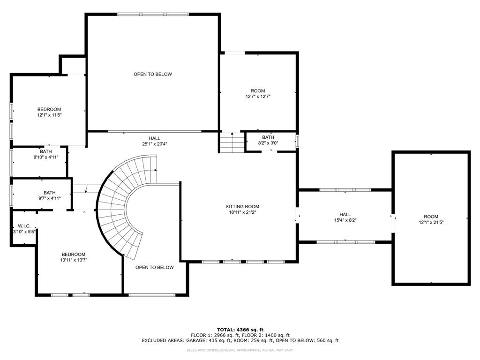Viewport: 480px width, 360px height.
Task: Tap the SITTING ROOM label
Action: coord(242,206)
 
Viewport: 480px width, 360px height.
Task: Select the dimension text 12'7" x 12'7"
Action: coord(258,97)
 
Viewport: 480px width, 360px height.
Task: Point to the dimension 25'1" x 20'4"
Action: coord(155,144)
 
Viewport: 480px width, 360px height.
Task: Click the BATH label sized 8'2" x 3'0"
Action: coord(268,137)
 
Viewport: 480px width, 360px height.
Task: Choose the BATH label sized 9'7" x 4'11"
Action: coord(50,193)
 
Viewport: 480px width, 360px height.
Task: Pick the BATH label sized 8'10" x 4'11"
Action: coord(46,151)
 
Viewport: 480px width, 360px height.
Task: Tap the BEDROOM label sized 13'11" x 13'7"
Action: coord(73,254)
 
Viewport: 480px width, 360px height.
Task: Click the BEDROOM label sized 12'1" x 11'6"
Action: coord(49,109)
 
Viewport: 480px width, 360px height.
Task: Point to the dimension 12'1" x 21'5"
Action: coord(431,222)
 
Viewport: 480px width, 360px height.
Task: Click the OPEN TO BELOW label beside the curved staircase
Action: coord(155,267)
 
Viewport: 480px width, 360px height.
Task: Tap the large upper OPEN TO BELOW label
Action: coord(153,74)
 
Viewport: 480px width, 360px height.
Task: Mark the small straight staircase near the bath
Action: coord(232,142)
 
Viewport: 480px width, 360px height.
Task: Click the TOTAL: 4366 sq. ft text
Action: coord(240,330)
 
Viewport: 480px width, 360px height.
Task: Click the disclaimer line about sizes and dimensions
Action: coord(240,350)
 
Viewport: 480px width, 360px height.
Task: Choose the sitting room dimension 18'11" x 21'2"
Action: coord(242,212)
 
